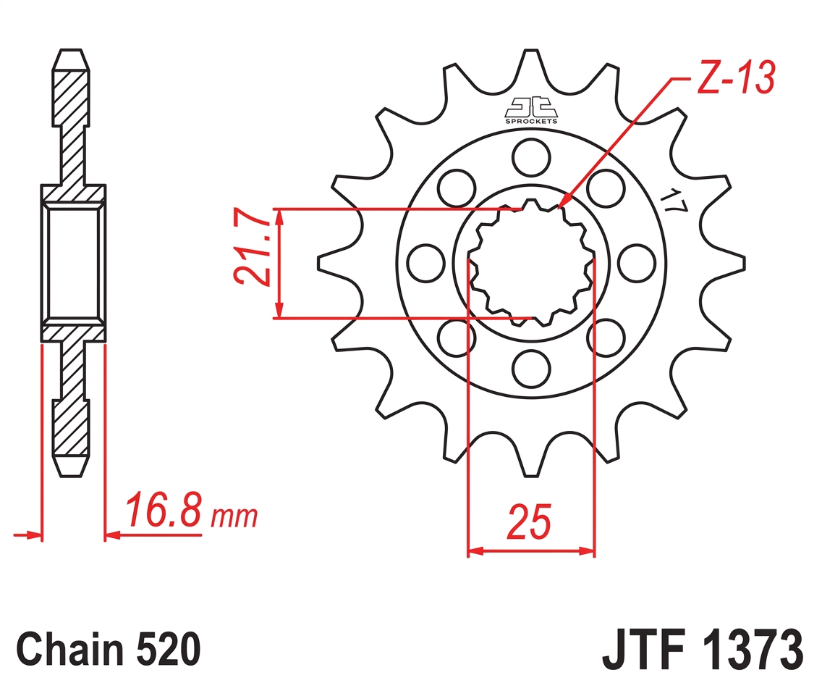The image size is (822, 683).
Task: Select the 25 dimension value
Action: point(529,522)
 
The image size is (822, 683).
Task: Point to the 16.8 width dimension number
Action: point(163,509)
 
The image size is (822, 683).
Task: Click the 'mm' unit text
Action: point(234,516)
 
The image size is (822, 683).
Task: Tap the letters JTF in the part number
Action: point(644,650)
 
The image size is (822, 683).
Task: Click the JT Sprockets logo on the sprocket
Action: point(531,111)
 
